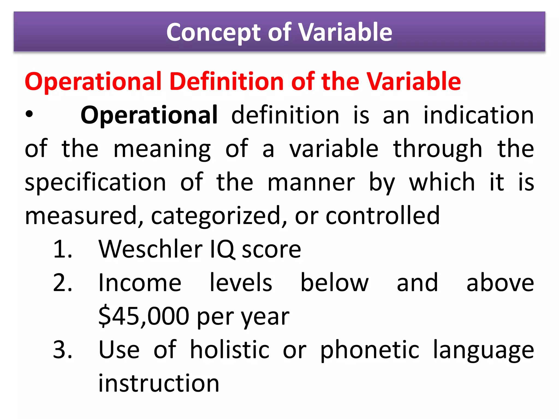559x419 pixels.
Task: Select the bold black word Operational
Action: pyautogui.click(x=149, y=115)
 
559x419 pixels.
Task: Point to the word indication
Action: pyautogui.click(x=478, y=115)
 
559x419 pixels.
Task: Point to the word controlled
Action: pyautogui.click(x=382, y=216)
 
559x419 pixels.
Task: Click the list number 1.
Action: pyautogui.click(x=63, y=249)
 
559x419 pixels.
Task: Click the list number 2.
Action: pyautogui.click(x=63, y=283)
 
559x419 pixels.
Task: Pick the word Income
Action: pyautogui.click(x=140, y=283)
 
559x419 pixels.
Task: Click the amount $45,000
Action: pyautogui.click(x=144, y=316)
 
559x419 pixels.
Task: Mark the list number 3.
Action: pyautogui.click(x=63, y=350)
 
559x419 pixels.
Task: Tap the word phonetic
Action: pyautogui.click(x=370, y=350)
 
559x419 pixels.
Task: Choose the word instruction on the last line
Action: pyautogui.click(x=159, y=384)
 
